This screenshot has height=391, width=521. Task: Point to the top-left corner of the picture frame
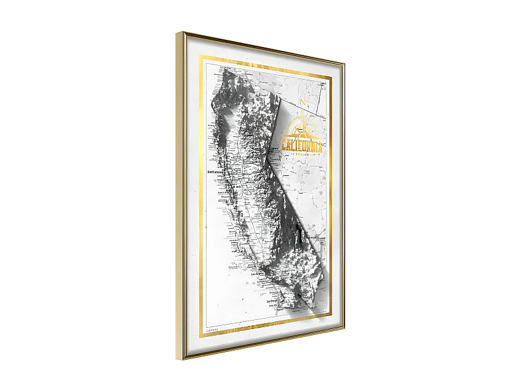(x=176, y=33)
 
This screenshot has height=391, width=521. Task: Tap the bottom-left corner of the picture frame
(x=177, y=359)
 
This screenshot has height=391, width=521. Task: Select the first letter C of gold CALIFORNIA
(x=284, y=143)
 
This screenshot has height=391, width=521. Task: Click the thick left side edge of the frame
(x=180, y=195)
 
